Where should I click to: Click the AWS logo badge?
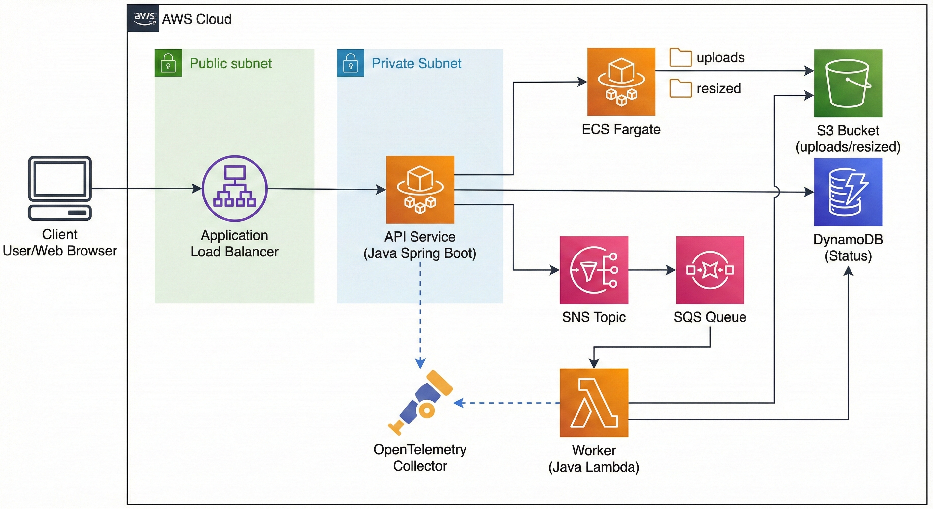point(143,18)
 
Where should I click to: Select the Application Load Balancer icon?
point(235,188)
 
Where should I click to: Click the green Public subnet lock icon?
point(168,63)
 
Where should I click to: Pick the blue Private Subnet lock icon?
point(350,63)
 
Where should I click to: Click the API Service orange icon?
point(420,190)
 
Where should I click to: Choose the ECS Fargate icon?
point(621,82)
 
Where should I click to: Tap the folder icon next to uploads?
point(681,57)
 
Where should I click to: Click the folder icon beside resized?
point(681,88)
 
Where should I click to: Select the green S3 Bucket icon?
point(848,83)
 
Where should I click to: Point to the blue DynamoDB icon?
point(848,192)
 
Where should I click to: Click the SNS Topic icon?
point(594,270)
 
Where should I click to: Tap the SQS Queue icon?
point(710,270)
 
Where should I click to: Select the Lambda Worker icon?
point(594,403)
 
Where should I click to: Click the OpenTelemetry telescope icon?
point(420,402)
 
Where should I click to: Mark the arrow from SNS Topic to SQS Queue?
point(652,270)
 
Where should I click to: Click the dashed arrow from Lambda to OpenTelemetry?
point(507,403)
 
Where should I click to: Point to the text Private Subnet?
point(416,63)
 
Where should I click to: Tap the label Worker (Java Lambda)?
point(594,459)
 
